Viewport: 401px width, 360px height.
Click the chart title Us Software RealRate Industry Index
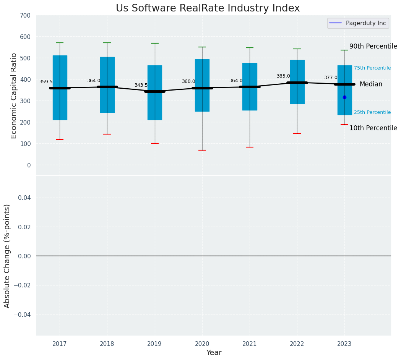[x=208, y=8]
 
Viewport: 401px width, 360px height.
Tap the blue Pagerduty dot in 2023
[x=344, y=97]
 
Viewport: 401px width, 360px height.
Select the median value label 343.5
[x=141, y=85]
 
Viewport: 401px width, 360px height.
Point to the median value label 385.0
[x=283, y=76]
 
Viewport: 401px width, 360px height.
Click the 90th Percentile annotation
[x=373, y=46]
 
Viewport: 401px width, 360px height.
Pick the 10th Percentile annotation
[x=373, y=128]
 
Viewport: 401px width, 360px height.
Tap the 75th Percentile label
[x=372, y=68]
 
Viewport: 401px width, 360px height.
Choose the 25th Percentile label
[x=372, y=112]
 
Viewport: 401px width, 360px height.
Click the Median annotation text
[x=371, y=84]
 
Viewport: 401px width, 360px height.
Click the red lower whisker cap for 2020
[x=202, y=150]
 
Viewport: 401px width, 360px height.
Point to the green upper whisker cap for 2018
[x=107, y=43]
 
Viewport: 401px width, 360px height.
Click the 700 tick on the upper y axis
[x=26, y=16]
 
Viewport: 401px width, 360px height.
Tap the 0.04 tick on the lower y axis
[x=24, y=198]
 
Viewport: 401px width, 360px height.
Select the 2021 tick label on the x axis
[x=250, y=344]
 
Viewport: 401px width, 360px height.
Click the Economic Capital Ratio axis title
[x=14, y=96]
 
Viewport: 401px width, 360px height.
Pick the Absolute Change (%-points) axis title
[x=7, y=256]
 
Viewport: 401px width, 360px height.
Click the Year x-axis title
[x=214, y=353]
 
